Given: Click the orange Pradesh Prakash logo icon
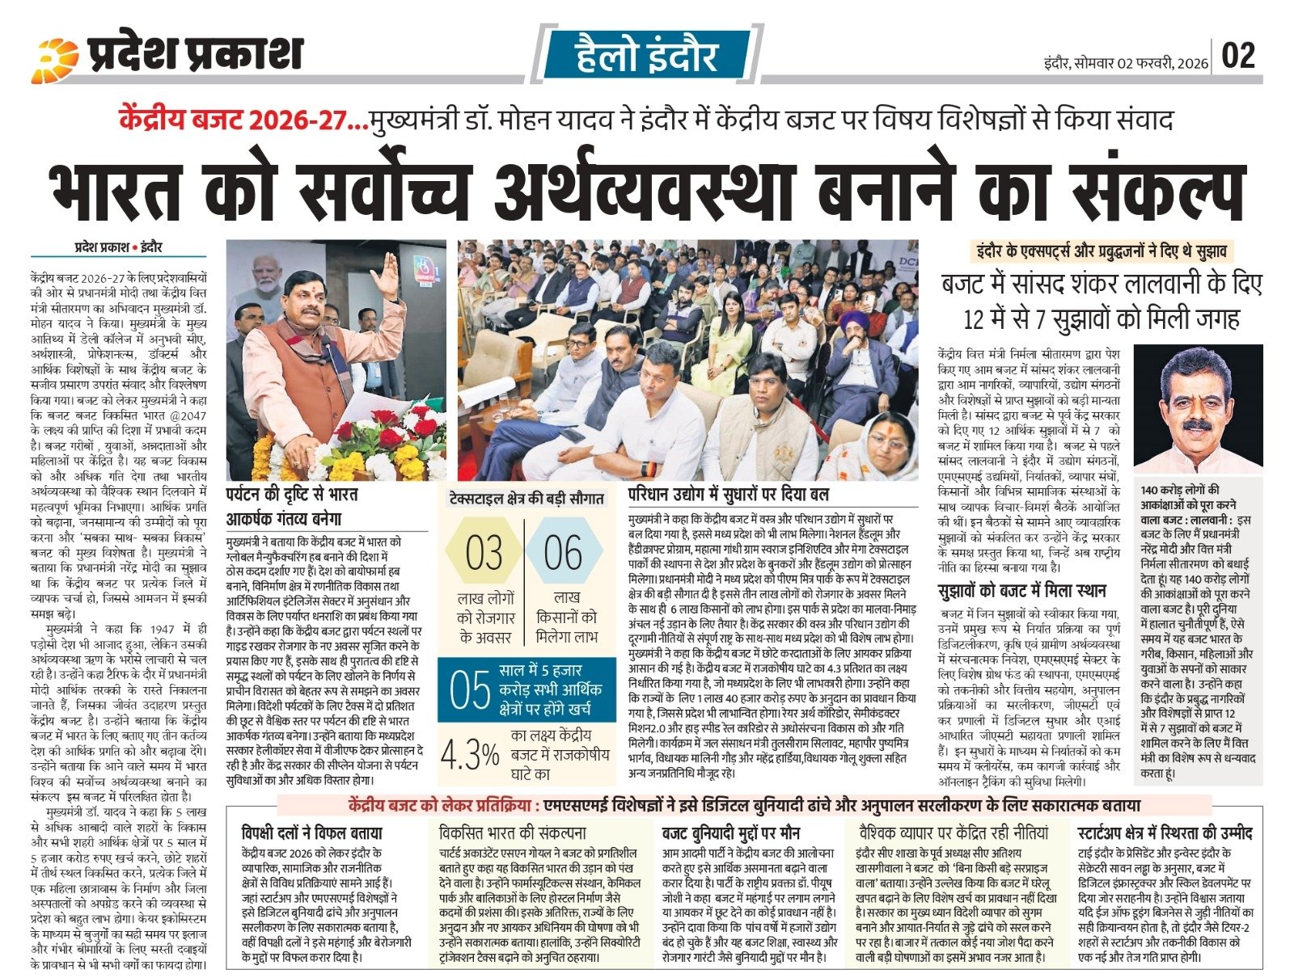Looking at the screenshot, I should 56,60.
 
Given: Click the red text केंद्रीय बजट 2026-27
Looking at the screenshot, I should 239,121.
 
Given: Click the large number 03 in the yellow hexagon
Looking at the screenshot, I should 484,554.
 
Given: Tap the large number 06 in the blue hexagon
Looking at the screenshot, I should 562,554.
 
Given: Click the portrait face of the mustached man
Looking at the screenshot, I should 1197,404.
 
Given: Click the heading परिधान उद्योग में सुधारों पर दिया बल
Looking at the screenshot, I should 739,493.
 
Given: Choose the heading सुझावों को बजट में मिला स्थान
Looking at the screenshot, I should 1021,590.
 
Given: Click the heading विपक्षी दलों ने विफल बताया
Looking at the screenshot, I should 312,833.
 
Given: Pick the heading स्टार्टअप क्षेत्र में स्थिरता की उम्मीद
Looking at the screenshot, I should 1165,833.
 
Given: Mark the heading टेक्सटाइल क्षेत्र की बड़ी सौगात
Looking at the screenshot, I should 526,499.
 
